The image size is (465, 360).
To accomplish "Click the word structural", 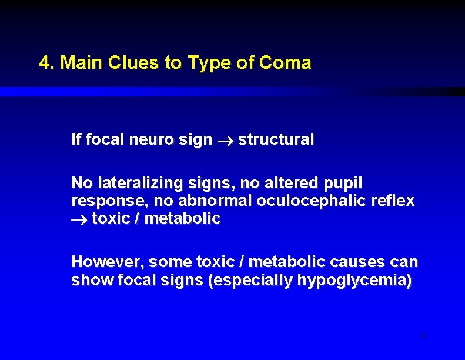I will point(276,140).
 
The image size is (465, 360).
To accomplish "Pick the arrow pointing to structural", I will point(225,141).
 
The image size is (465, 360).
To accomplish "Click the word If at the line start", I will point(76,140).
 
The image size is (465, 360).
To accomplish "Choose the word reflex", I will point(393,201).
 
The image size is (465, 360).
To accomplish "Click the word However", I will point(107,261).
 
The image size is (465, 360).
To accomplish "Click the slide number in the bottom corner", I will point(423,336).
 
